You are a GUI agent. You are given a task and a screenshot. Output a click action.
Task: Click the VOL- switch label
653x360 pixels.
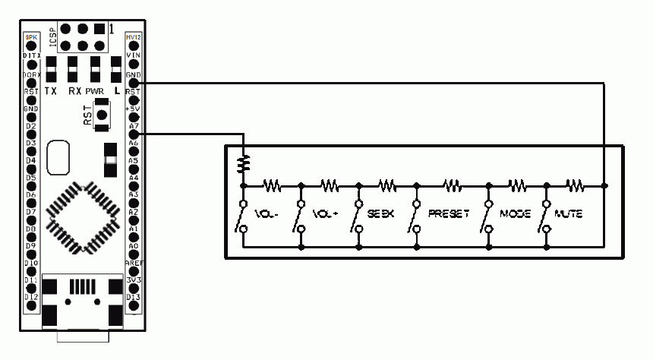point(267,215)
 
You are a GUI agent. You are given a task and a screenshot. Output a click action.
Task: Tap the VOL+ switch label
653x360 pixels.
point(325,215)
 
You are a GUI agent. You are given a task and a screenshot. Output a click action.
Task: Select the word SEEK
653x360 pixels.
point(382,215)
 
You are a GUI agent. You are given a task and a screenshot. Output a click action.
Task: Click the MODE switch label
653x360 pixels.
point(515,215)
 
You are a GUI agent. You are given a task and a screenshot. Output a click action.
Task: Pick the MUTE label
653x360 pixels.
point(569,215)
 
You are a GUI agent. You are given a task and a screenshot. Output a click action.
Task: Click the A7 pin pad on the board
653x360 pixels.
point(134,134)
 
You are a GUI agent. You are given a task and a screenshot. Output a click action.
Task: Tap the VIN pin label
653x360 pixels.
point(134,55)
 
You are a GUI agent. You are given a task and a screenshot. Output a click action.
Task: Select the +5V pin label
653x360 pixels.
point(134,108)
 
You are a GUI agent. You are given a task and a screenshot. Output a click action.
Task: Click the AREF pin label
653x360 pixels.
point(134,262)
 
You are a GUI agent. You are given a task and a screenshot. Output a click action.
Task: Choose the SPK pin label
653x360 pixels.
point(31,37)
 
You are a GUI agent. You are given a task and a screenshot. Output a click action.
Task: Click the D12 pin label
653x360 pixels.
point(31,297)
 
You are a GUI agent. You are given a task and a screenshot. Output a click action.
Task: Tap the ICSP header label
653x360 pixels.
point(53,37)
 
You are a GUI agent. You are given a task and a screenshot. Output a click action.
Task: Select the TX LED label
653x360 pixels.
point(51,90)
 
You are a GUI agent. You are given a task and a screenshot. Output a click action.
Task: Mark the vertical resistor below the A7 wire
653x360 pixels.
point(243,163)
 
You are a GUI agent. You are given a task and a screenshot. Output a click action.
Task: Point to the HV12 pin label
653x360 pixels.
point(134,37)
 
